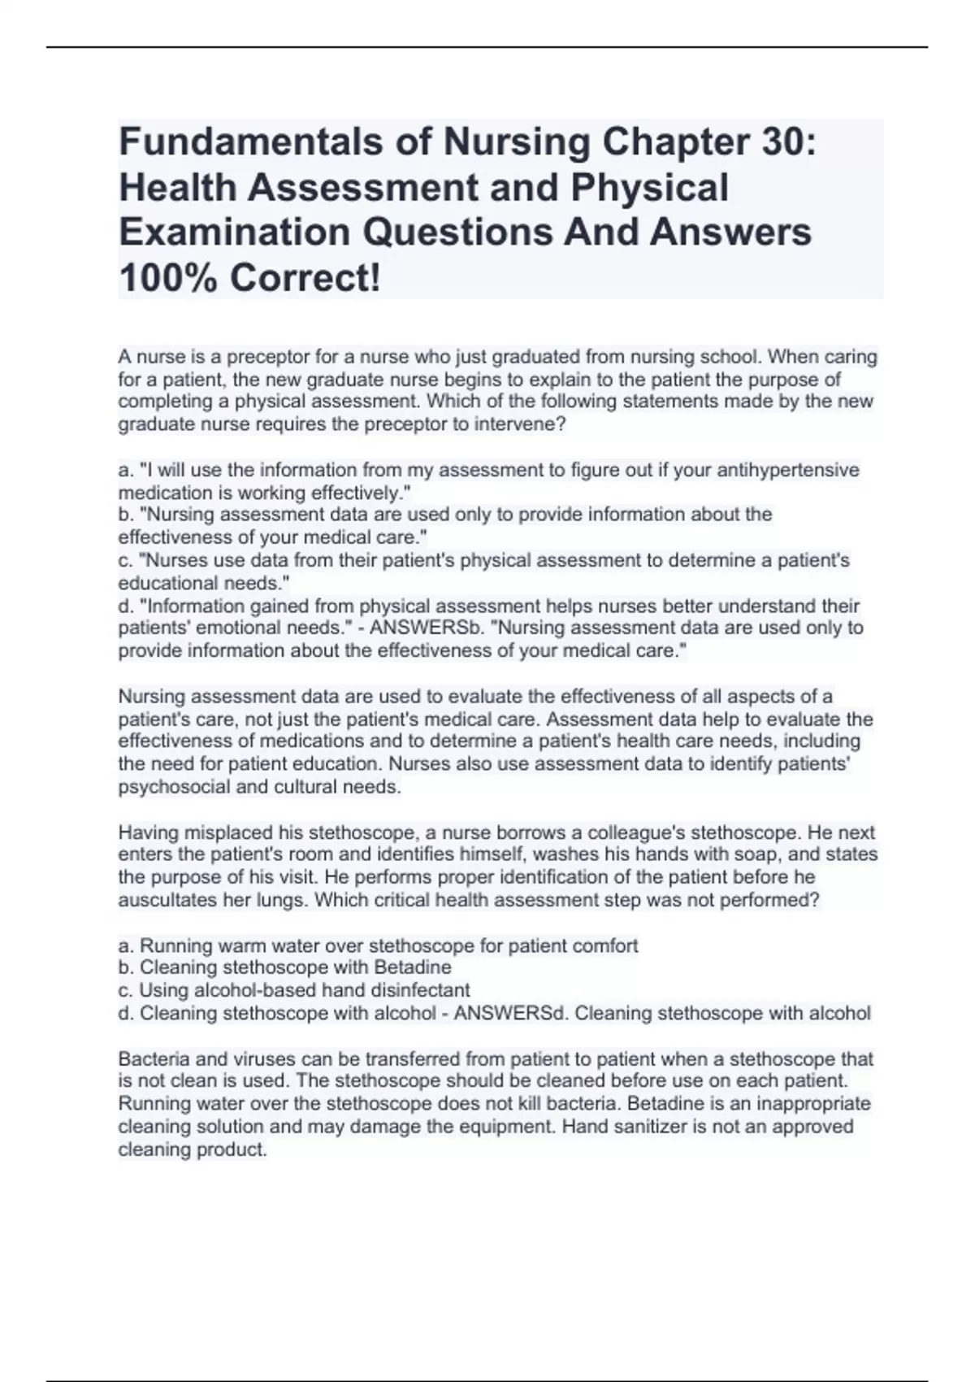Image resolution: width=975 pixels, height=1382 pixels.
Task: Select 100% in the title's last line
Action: pos(167,278)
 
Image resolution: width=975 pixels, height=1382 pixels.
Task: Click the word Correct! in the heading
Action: pos(305,278)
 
